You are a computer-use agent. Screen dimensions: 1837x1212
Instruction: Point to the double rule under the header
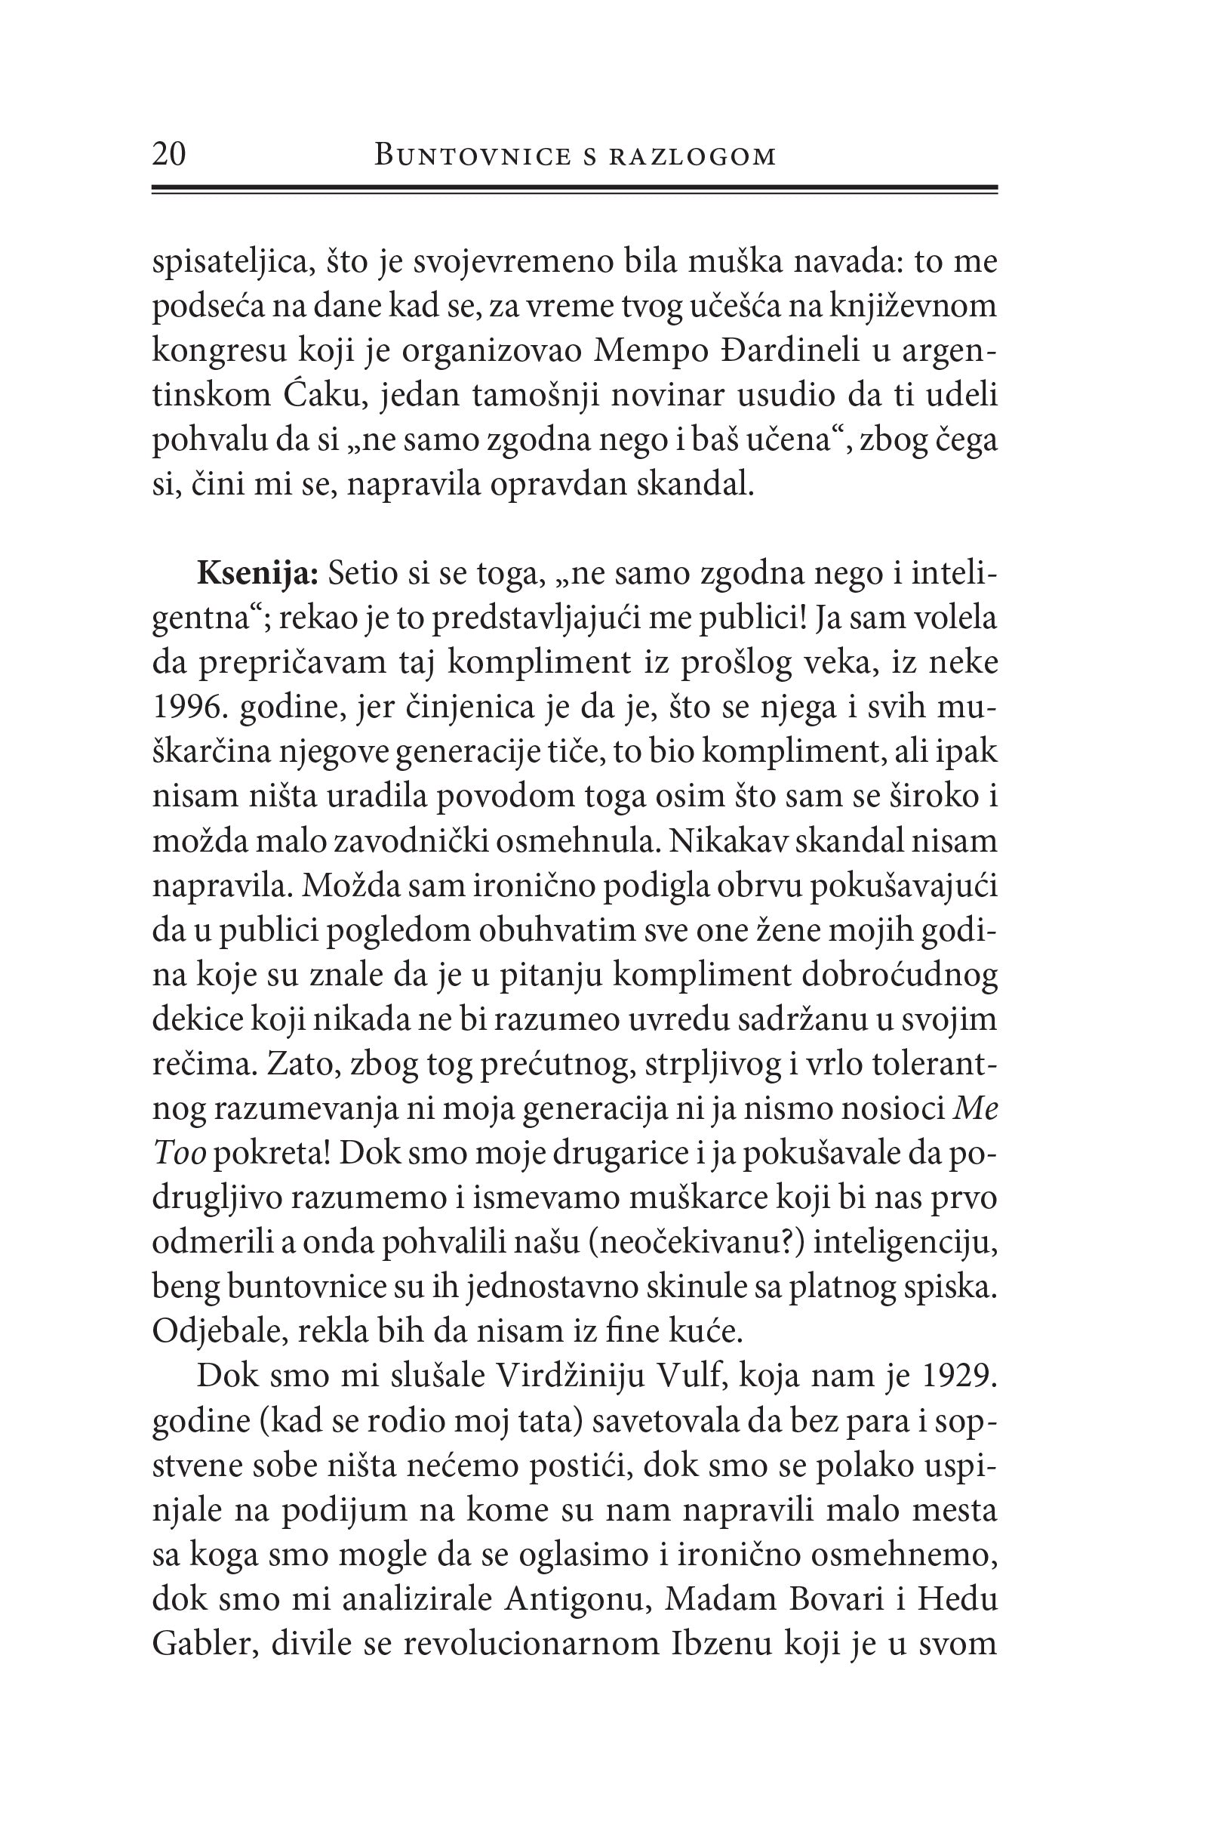[x=575, y=189]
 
